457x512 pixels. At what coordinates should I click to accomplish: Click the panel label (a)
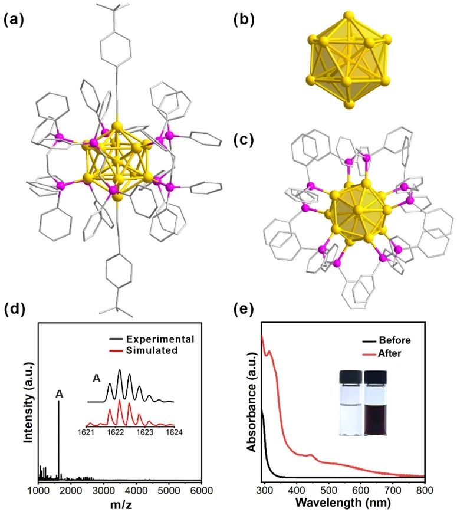(14, 20)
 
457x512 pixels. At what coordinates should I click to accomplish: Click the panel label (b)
(244, 20)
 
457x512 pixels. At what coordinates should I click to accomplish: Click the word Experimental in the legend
(160, 339)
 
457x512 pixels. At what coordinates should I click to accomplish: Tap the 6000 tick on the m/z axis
(201, 490)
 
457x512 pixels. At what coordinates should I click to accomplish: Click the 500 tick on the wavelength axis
(328, 490)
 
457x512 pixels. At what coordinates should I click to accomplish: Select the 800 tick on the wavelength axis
(425, 490)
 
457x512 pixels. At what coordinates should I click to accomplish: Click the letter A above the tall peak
(59, 395)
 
